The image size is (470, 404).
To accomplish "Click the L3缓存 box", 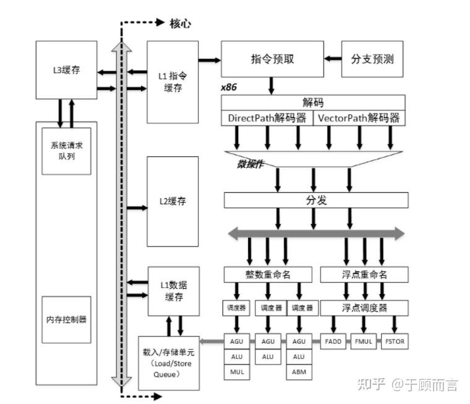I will [67, 70].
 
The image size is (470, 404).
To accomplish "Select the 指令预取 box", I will [272, 59].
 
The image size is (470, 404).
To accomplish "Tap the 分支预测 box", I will [372, 59].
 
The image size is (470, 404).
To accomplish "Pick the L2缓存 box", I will [173, 201].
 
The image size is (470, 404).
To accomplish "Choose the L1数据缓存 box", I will [173, 291].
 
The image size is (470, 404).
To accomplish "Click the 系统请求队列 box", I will [66, 149].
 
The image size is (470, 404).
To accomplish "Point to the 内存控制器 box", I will [66, 320].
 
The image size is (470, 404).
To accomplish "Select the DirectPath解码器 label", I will [267, 118].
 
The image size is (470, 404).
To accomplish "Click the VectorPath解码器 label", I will [359, 118].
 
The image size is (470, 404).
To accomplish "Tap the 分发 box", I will [315, 200].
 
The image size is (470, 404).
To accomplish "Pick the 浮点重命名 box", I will [364, 274].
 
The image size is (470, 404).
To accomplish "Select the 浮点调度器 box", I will [364, 307].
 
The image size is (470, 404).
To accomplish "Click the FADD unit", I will [333, 341].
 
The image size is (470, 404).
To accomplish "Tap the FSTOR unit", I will [396, 341].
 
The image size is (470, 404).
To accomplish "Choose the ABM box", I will [299, 372].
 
